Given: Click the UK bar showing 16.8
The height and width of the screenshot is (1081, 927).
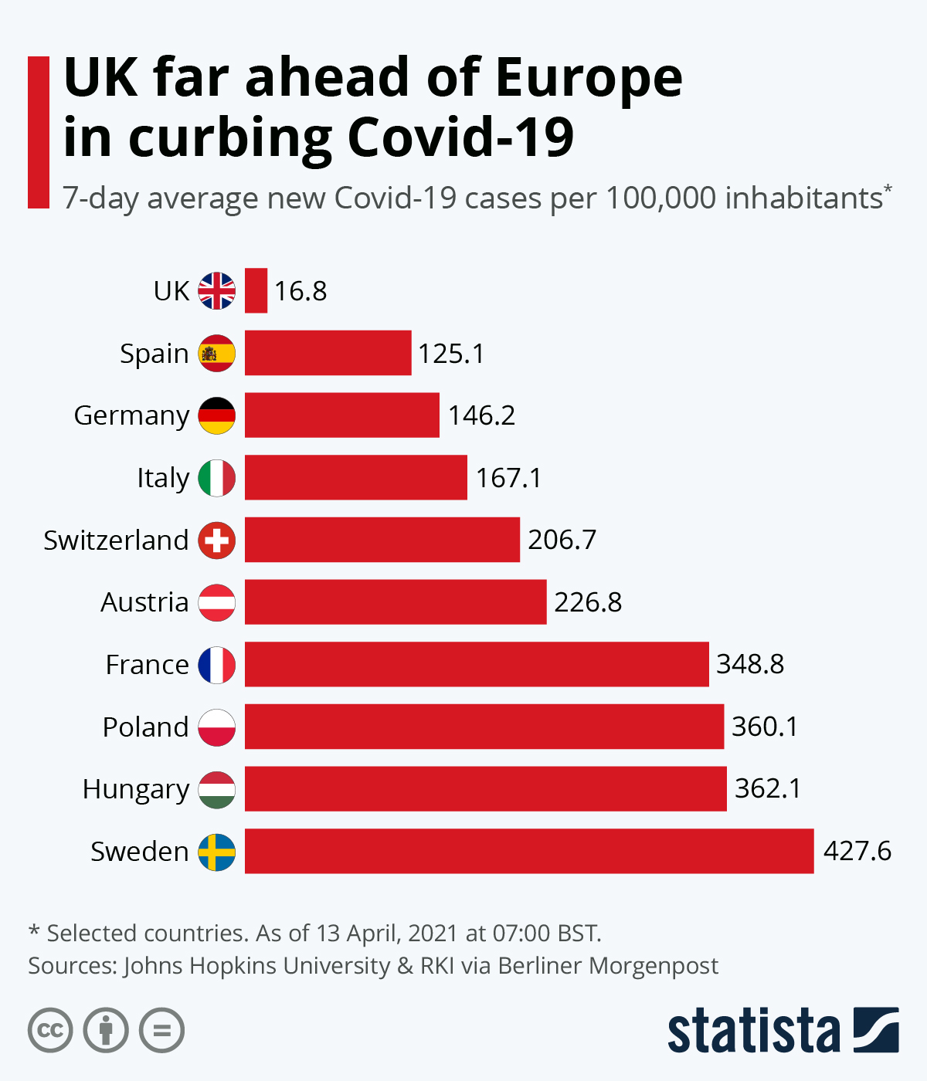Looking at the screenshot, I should tap(256, 290).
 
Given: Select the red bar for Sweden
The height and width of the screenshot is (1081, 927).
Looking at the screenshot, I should tap(529, 851).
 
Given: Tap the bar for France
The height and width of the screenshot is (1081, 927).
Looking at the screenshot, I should tap(477, 664).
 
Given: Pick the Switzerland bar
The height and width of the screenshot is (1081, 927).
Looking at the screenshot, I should tap(382, 540).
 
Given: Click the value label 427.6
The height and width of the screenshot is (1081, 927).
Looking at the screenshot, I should tap(857, 851).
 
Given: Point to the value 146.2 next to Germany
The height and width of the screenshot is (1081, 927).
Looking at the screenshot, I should tap(481, 415).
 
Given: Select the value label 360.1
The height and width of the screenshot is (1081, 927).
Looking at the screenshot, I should tap(765, 727).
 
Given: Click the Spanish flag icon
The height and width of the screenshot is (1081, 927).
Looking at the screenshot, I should tap(217, 354).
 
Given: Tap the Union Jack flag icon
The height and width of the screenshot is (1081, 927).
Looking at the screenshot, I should tap(217, 291).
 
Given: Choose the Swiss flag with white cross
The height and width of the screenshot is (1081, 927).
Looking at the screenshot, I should tap(217, 540).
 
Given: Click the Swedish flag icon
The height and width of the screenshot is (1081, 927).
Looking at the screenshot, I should tap(217, 852).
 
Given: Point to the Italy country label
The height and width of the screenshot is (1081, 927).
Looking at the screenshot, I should tap(163, 478).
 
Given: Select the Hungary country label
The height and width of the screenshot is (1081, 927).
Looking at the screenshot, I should tap(136, 789).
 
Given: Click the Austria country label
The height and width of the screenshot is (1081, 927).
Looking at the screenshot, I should tap(144, 602).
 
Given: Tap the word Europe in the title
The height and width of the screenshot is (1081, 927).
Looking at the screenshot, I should tap(589, 78).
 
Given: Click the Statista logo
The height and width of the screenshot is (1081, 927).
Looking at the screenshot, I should tap(783, 1030).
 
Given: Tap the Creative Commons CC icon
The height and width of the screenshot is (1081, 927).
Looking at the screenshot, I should tap(50, 1030).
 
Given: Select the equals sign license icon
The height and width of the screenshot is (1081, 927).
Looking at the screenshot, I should tap(162, 1030).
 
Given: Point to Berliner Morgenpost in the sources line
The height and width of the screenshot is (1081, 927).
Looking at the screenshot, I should tap(608, 966).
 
